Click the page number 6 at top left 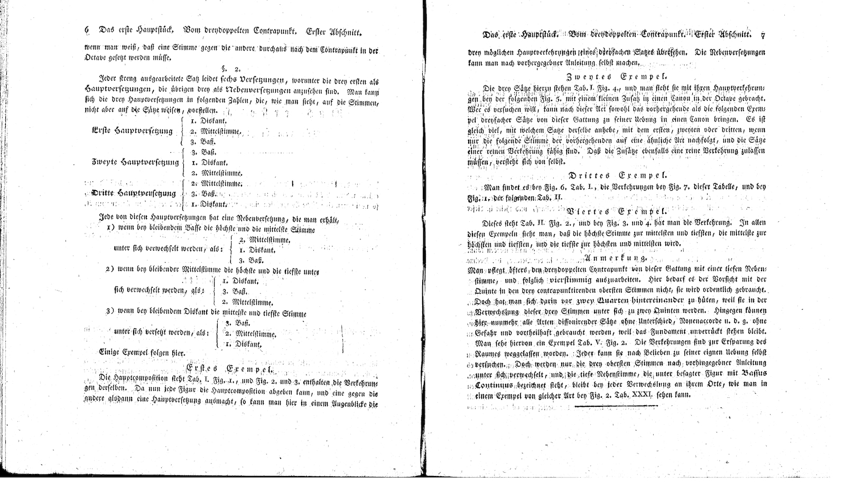(86, 31)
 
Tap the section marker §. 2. (231, 69)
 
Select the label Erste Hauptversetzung (132, 130)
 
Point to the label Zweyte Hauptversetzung (135, 162)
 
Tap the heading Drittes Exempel (618, 175)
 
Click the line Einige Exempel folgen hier (142, 352)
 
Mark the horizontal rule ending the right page (616, 406)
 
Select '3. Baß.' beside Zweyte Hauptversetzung (203, 152)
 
